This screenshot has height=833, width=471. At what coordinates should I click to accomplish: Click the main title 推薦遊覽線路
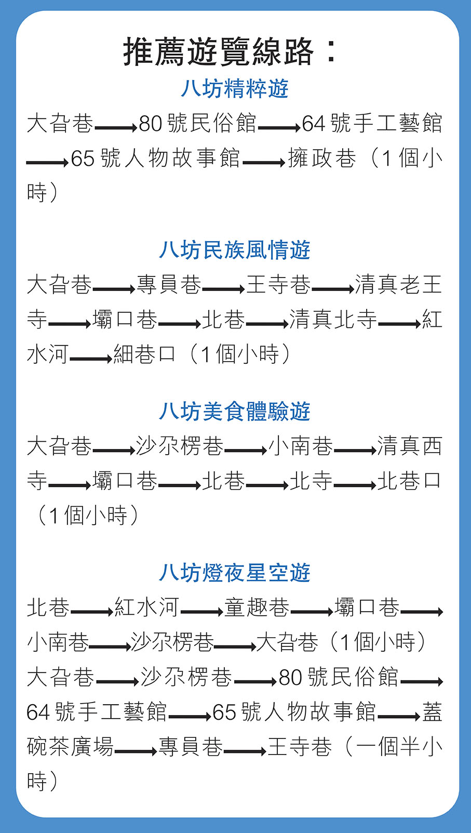click(x=219, y=52)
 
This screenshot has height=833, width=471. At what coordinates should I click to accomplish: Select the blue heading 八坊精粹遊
click(x=235, y=89)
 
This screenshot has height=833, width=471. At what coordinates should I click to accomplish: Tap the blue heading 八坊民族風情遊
click(x=235, y=250)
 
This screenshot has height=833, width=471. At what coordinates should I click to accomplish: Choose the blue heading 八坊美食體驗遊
click(x=235, y=412)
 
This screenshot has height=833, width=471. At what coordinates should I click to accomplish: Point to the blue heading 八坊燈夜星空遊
click(x=235, y=573)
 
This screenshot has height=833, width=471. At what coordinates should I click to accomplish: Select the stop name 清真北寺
click(x=333, y=320)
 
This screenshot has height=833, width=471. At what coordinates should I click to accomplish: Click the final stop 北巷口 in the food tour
click(x=409, y=481)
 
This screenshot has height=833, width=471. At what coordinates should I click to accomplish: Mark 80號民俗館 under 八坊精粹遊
click(x=198, y=124)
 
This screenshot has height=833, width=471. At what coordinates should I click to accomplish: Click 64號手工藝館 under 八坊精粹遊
click(x=372, y=124)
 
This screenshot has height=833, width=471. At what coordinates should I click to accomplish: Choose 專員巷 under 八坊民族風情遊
click(x=169, y=285)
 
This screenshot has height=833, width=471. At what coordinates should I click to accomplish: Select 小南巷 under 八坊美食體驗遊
click(x=301, y=446)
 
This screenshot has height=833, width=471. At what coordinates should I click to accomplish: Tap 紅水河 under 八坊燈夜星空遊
click(x=147, y=607)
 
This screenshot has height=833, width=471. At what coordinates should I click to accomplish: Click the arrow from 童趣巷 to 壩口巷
click(x=312, y=612)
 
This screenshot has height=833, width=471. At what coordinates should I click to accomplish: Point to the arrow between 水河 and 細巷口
click(x=91, y=359)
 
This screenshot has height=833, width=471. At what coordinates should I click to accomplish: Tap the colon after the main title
click(x=330, y=52)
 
